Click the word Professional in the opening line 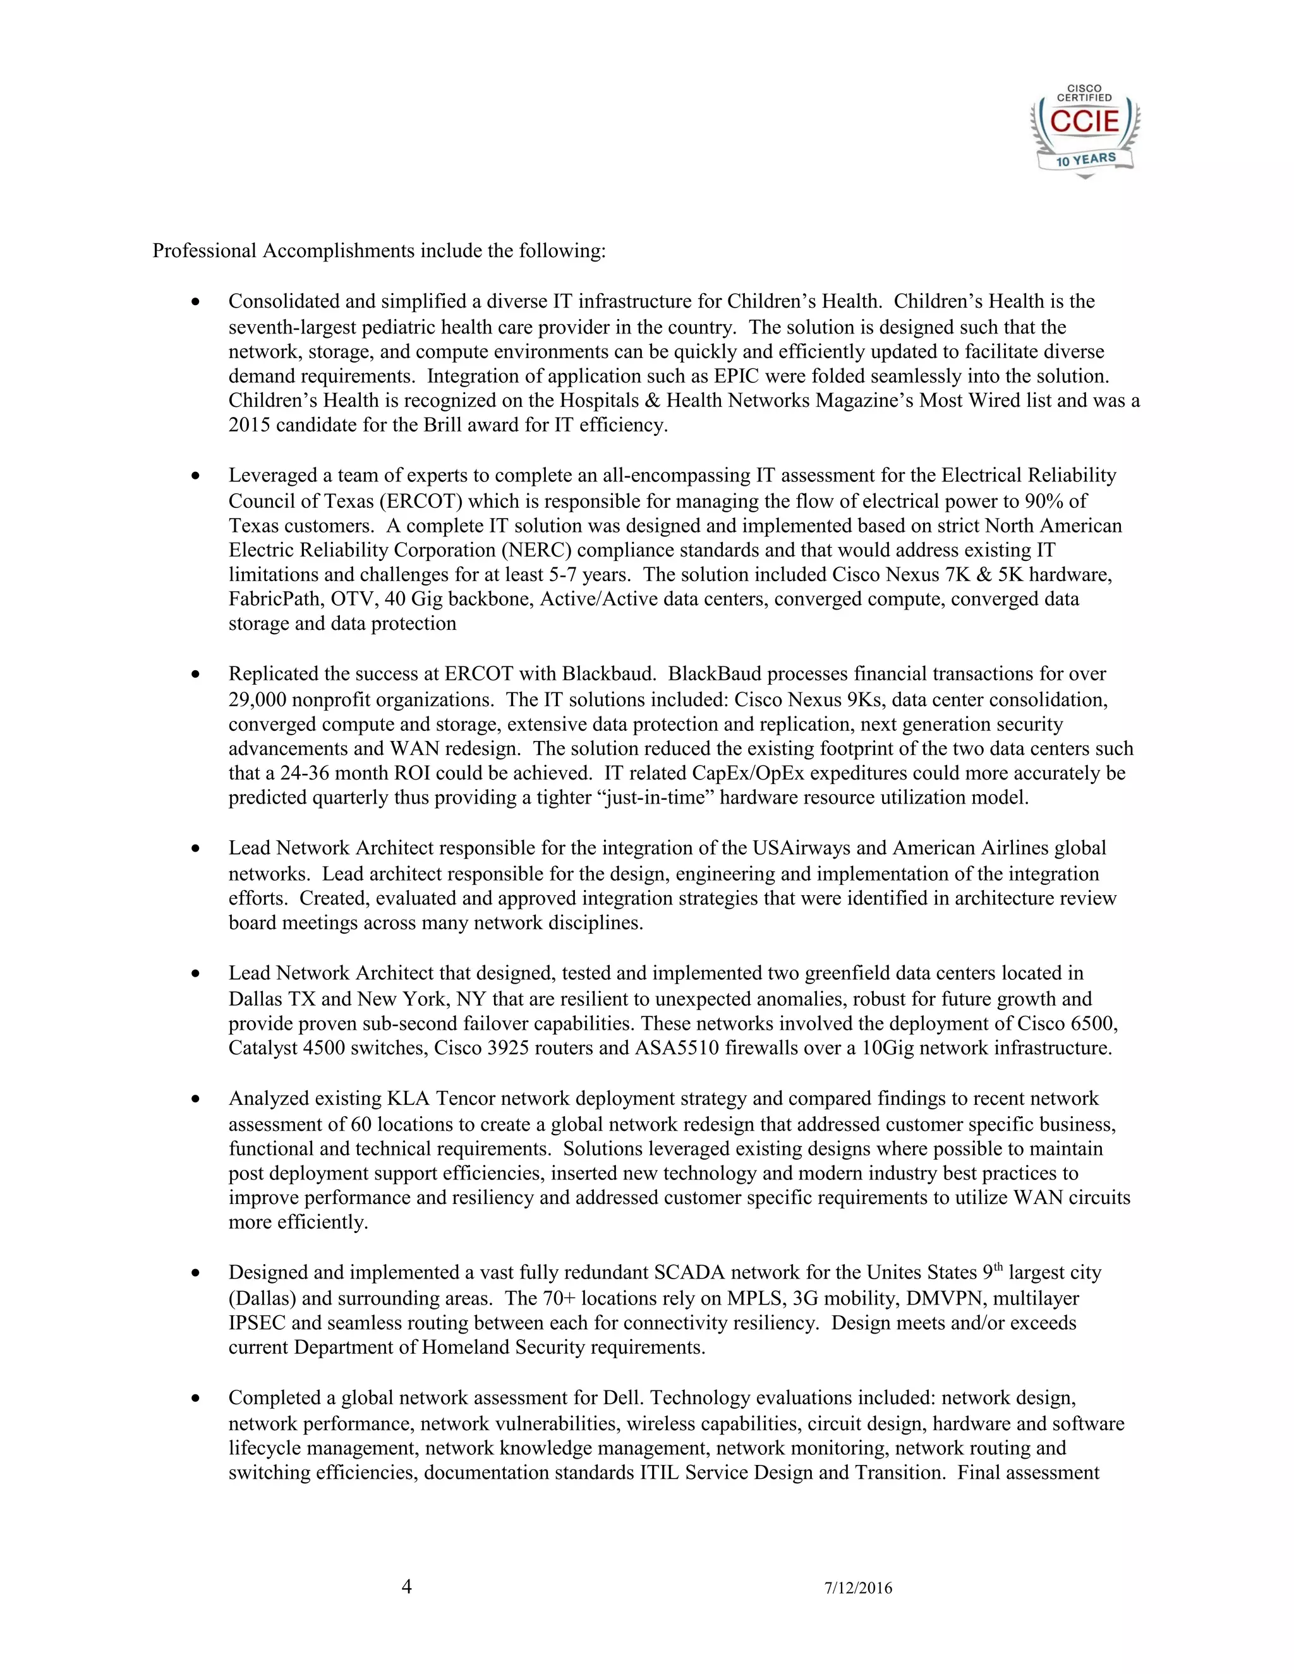click(x=204, y=251)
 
